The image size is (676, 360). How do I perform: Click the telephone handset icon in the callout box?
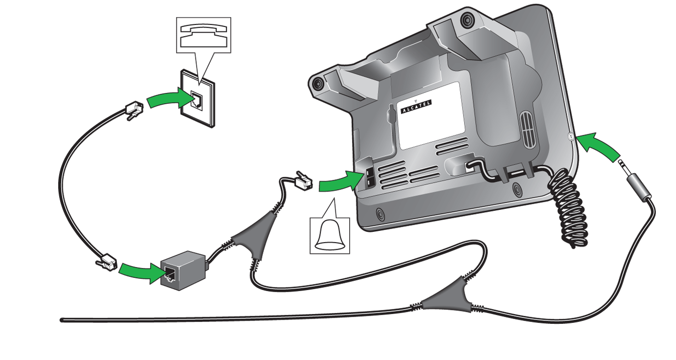203,35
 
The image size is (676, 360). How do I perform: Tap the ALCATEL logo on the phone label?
416,107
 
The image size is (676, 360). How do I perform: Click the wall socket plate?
198,99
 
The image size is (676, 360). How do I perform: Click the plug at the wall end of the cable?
134,110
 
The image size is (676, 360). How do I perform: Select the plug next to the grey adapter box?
107,262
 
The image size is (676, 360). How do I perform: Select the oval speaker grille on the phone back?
528,130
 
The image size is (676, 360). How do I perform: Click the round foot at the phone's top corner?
467,20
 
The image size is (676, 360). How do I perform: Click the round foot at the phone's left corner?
317,83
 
